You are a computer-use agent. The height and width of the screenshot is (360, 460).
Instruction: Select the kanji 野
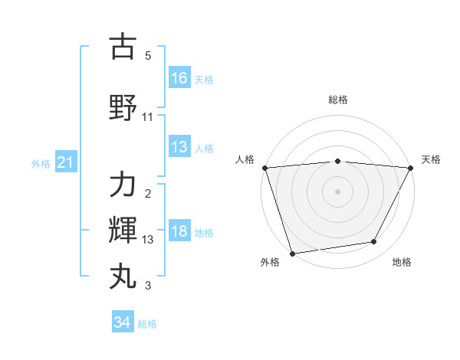[123, 108]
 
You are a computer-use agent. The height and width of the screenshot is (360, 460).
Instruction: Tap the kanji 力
[123, 186]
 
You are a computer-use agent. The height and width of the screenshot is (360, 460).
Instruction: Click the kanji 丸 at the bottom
[123, 275]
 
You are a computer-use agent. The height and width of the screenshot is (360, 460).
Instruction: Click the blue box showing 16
[179, 77]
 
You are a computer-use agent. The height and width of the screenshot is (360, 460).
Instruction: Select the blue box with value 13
[179, 147]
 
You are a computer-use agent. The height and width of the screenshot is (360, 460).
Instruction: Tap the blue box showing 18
[179, 232]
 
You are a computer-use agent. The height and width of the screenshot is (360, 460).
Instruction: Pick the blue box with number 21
[66, 162]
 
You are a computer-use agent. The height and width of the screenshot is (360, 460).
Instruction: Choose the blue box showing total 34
[123, 322]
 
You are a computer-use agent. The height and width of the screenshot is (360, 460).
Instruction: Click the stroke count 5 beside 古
[148, 56]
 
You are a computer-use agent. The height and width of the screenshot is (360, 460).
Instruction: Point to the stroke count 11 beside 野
[148, 117]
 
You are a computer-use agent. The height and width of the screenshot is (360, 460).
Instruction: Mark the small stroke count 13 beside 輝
[148, 240]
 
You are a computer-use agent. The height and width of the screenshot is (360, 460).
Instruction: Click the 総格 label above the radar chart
[338, 100]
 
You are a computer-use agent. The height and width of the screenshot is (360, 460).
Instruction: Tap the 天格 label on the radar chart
[431, 159]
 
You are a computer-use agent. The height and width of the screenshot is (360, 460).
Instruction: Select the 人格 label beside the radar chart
[245, 159]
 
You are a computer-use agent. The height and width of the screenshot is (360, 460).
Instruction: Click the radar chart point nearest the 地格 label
[374, 242]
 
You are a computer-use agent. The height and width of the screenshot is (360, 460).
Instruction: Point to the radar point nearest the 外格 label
[292, 253]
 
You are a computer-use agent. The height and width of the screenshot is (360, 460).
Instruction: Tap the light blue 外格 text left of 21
[41, 163]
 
